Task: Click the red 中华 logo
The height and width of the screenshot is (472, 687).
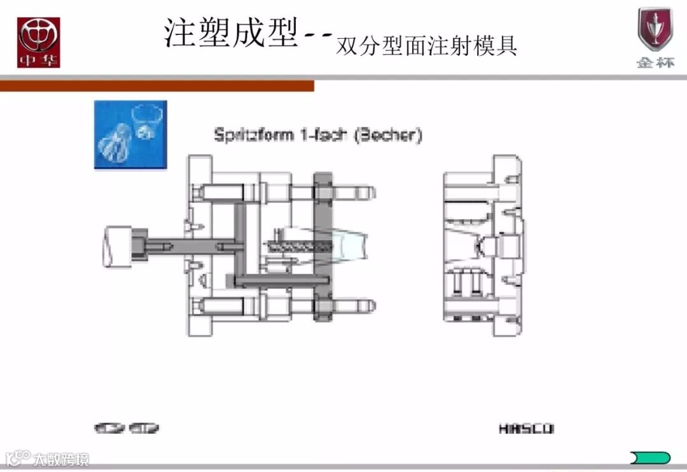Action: click(38, 43)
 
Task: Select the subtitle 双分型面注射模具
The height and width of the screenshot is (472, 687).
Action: click(426, 46)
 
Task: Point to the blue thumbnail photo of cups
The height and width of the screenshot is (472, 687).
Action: click(130, 134)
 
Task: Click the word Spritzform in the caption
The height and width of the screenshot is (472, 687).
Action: click(254, 135)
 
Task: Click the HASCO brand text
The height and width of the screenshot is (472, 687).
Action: click(526, 429)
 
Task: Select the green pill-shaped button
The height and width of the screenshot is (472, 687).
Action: click(649, 457)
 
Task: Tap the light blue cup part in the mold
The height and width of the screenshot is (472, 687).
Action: click(347, 245)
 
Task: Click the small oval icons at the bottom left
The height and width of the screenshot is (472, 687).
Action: click(127, 428)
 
